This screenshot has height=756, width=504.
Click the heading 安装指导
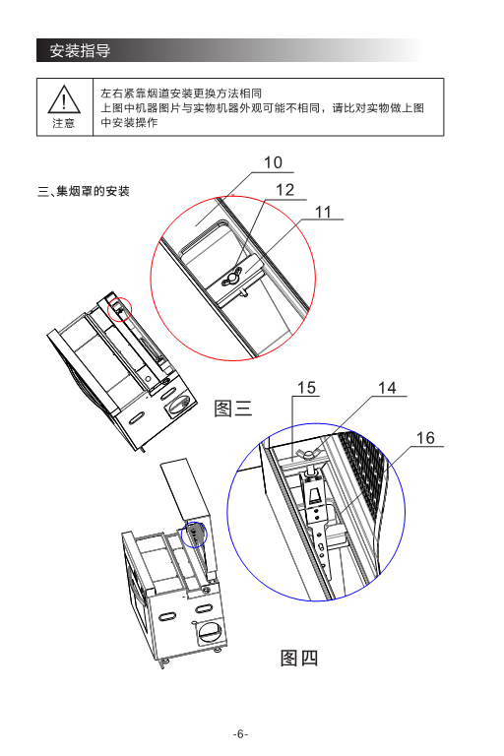80,50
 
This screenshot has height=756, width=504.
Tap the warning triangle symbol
64,98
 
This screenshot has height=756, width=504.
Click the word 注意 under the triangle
64,123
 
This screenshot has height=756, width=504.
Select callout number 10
273,162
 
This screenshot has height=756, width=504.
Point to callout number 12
285,189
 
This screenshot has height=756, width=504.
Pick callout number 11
324,213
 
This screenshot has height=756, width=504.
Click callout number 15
307,388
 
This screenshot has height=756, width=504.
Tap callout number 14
387,388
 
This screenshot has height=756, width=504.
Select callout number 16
425,438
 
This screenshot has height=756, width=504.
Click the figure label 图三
233,409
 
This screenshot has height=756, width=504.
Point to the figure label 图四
299,658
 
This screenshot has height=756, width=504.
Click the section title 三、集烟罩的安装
84,191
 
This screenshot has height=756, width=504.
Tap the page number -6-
240,734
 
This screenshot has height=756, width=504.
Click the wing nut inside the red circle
232,278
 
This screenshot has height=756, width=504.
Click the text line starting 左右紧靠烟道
181,94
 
